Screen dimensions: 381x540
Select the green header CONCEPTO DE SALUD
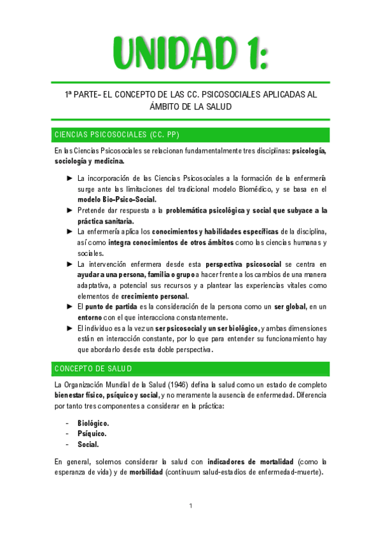93,369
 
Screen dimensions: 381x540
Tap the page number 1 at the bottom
190,506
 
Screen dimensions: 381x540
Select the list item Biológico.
93,423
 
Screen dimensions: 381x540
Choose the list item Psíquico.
92,434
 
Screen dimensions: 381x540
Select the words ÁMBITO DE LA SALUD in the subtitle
190,106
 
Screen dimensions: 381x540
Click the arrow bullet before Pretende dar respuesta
70,210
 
